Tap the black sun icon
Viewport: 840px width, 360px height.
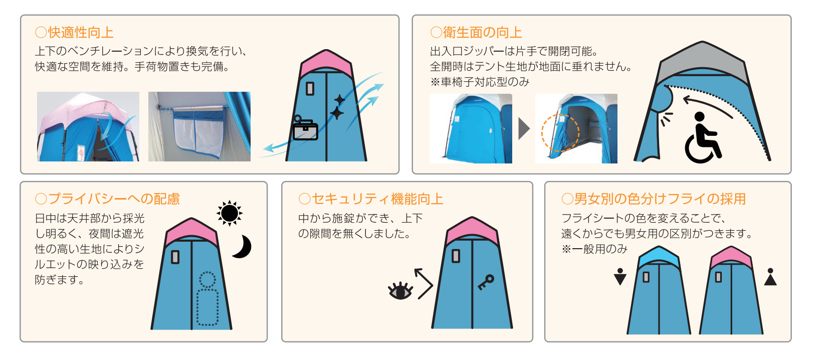tap(230, 214)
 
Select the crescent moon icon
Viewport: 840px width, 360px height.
tap(243, 246)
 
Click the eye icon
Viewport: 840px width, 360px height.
tap(400, 291)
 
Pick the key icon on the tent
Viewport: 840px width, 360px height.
tap(486, 282)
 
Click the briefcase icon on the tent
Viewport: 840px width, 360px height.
tap(305, 128)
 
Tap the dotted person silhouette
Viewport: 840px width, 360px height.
tap(207, 298)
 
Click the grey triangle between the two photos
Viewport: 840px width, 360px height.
tap(524, 129)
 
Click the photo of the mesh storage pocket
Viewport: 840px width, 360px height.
tap(199, 127)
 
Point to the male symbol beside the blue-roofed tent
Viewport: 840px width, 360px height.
tap(620, 276)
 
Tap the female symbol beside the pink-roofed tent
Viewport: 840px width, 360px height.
tap(770, 276)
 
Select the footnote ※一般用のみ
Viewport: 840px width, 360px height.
tap(594, 249)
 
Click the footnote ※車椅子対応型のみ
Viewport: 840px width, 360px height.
tap(480, 82)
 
